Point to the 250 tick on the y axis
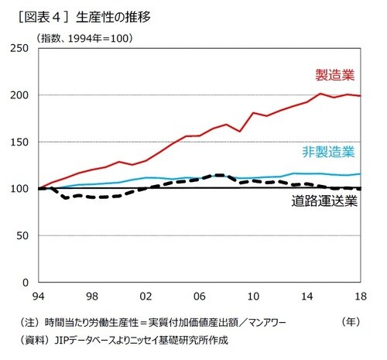(20, 49)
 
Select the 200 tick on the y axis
(20, 95)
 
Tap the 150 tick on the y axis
(20, 142)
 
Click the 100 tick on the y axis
(20, 188)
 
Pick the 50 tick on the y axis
(23, 235)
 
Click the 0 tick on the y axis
(26, 282)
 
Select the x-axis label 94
(36, 297)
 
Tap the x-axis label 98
(91, 297)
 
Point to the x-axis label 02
(146, 297)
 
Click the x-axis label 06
(200, 297)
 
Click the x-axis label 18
(361, 297)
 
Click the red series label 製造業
(334, 75)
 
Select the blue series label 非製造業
(328, 151)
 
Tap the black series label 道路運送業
(324, 202)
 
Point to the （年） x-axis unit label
(352, 321)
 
